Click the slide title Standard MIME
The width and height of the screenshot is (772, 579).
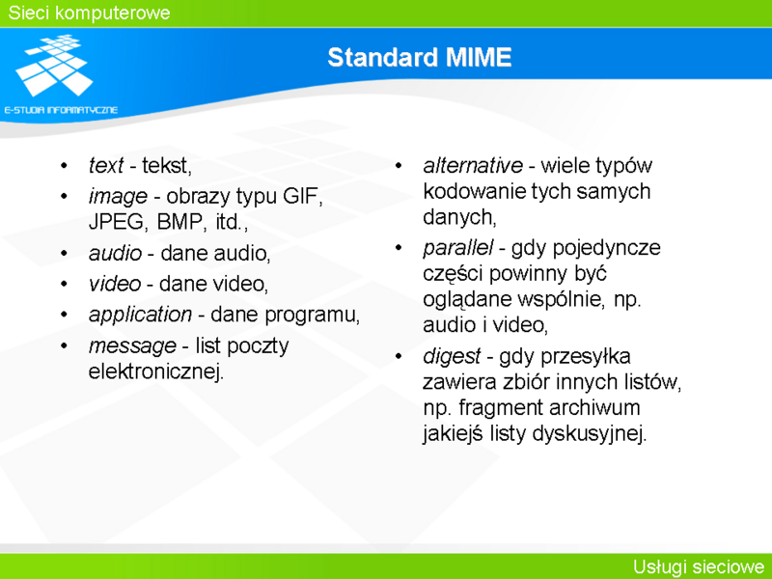pyautogui.click(x=420, y=57)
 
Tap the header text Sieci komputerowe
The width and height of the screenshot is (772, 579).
pyautogui.click(x=89, y=13)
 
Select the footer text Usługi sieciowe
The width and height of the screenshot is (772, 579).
pyautogui.click(x=698, y=566)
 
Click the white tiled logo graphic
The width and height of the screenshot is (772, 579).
pyautogui.click(x=54, y=65)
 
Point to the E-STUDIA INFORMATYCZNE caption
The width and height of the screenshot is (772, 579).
pyautogui.click(x=61, y=110)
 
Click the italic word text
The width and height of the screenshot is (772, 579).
pyautogui.click(x=105, y=165)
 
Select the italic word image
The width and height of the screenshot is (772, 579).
pyautogui.click(x=118, y=197)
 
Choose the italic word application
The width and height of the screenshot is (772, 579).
pyautogui.click(x=140, y=315)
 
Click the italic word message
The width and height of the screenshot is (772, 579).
pyautogui.click(x=132, y=345)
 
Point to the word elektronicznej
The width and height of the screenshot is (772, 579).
pyautogui.click(x=156, y=372)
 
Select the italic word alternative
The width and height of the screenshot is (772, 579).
pyautogui.click(x=473, y=165)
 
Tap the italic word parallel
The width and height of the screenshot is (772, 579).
pyautogui.click(x=457, y=248)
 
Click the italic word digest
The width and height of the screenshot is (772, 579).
pyautogui.click(x=452, y=356)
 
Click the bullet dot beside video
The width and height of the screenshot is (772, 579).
pyautogui.click(x=64, y=284)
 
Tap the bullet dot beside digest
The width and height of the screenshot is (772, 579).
pyautogui.click(x=399, y=356)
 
